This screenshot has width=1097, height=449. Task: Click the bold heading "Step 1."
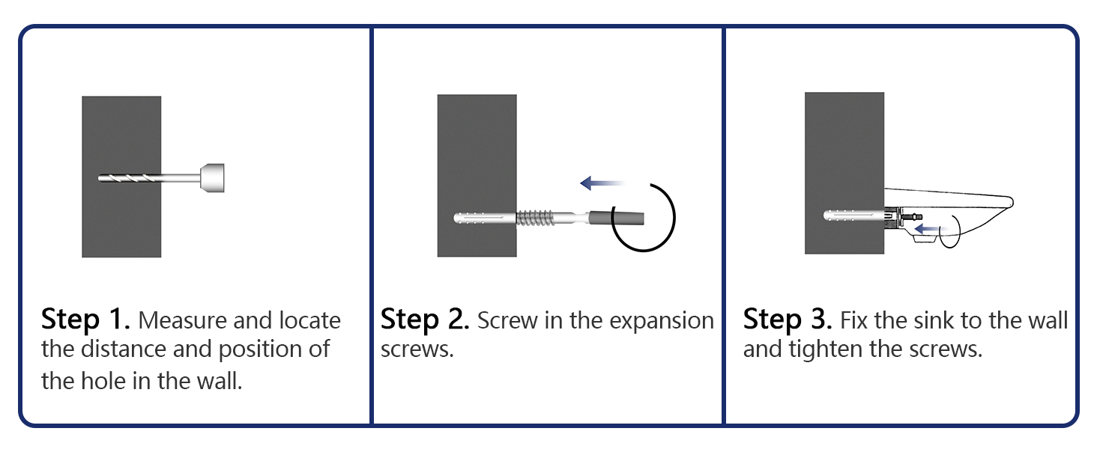[x=85, y=320]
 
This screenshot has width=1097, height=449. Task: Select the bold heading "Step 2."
[x=425, y=320]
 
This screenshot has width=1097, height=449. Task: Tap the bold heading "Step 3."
[x=788, y=320]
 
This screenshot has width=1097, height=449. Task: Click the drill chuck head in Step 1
[x=213, y=178]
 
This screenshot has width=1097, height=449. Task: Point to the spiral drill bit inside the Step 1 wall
[x=130, y=178]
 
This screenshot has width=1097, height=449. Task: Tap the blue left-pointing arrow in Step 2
[x=602, y=183]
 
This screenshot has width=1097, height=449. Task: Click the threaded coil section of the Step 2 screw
[x=535, y=218]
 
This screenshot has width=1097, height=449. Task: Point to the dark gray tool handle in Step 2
[x=616, y=218]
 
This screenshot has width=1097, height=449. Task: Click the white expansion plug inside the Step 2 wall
[x=485, y=218]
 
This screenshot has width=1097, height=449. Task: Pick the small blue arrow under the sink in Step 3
[x=927, y=228]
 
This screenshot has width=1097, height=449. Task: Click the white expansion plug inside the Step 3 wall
[x=853, y=216]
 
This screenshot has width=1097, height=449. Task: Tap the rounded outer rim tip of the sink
[x=1012, y=201]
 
